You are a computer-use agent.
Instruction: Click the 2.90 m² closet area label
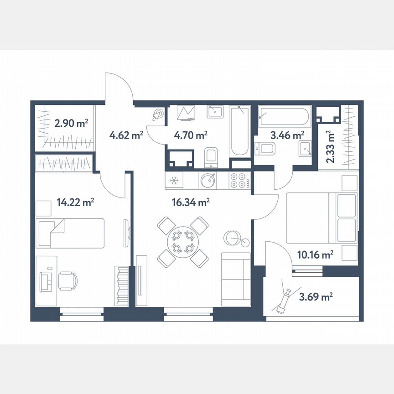click(71, 123)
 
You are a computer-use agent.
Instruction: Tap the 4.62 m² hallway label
click(127, 135)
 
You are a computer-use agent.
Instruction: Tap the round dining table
click(182, 242)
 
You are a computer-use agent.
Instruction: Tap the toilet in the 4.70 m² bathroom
click(211, 155)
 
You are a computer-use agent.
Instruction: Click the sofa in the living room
click(235, 279)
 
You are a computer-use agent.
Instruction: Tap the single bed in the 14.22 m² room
click(71, 233)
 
